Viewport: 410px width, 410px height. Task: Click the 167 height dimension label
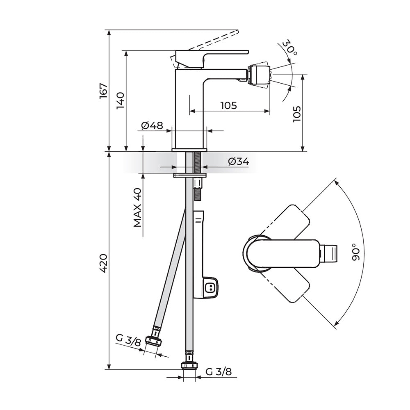tap(104, 91)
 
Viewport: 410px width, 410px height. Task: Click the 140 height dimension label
tap(121, 100)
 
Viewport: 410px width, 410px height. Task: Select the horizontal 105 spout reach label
tap(228, 105)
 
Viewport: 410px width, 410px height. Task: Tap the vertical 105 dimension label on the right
tap(297, 114)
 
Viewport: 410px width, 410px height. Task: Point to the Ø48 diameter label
tap(152, 125)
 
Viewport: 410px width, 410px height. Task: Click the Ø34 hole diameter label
tap(239, 161)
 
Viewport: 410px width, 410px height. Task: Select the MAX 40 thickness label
tap(137, 207)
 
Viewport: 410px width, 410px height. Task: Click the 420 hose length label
tap(104, 263)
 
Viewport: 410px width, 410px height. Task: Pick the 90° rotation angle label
tap(356, 252)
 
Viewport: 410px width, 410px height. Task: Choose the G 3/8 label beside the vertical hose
tap(219, 371)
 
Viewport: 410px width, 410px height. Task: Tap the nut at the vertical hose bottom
tap(189, 365)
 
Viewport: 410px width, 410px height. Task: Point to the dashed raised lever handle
tap(213, 40)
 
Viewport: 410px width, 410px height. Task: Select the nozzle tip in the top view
tap(329, 253)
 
